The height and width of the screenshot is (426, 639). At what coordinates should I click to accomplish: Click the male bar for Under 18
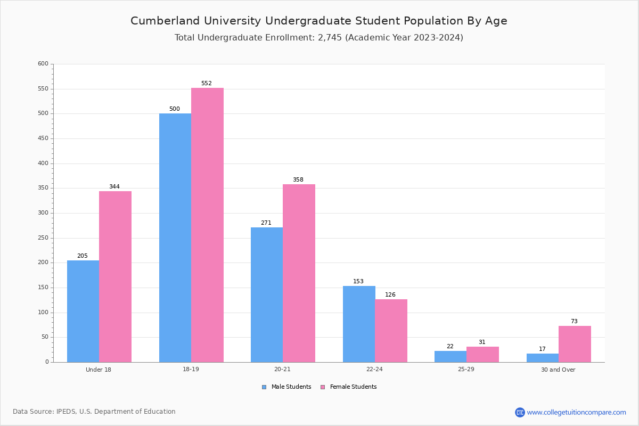pos(83,312)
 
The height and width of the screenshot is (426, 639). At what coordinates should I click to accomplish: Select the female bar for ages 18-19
pos(207,225)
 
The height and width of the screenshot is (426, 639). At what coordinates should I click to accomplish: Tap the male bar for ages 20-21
pos(267,295)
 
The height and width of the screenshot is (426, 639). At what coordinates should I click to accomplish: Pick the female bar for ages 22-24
pos(391,331)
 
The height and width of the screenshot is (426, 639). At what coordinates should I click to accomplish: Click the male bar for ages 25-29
pos(450,357)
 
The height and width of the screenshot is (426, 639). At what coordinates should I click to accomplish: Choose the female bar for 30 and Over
pos(575,344)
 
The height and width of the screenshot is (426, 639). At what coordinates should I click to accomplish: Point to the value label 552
pos(207,83)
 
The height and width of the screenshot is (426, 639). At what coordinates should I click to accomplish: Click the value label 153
pos(358,281)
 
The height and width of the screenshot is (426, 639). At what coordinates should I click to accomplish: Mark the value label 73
pos(574,321)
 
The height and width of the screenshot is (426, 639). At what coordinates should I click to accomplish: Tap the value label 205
pos(83,256)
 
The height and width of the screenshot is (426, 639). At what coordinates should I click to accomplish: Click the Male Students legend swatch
pos(264,387)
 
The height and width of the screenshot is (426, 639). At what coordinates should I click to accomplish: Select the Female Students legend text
pos(353,387)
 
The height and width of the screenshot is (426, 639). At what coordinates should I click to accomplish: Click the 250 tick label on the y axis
pos(43,237)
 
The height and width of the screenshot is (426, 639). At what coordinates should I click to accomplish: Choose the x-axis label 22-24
pos(374,369)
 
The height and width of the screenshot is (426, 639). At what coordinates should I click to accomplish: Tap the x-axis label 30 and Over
pos(558,370)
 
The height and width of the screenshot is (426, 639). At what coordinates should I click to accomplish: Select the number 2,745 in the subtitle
pos(330,38)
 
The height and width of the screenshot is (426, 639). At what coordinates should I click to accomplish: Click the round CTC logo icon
pos(520,412)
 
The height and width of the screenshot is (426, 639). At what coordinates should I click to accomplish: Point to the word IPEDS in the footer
pos(66,412)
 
